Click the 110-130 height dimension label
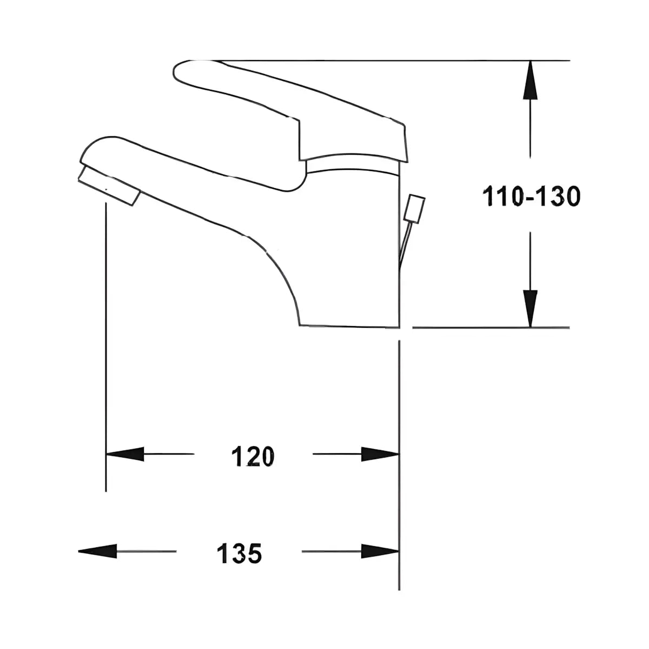(531, 197)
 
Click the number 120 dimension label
(253, 456)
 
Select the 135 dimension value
(239, 553)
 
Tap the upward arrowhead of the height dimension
(530, 80)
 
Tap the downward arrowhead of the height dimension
(530, 308)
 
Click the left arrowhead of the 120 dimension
(125, 454)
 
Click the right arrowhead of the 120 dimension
(380, 454)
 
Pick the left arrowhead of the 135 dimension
(97, 551)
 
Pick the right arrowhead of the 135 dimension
(380, 551)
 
